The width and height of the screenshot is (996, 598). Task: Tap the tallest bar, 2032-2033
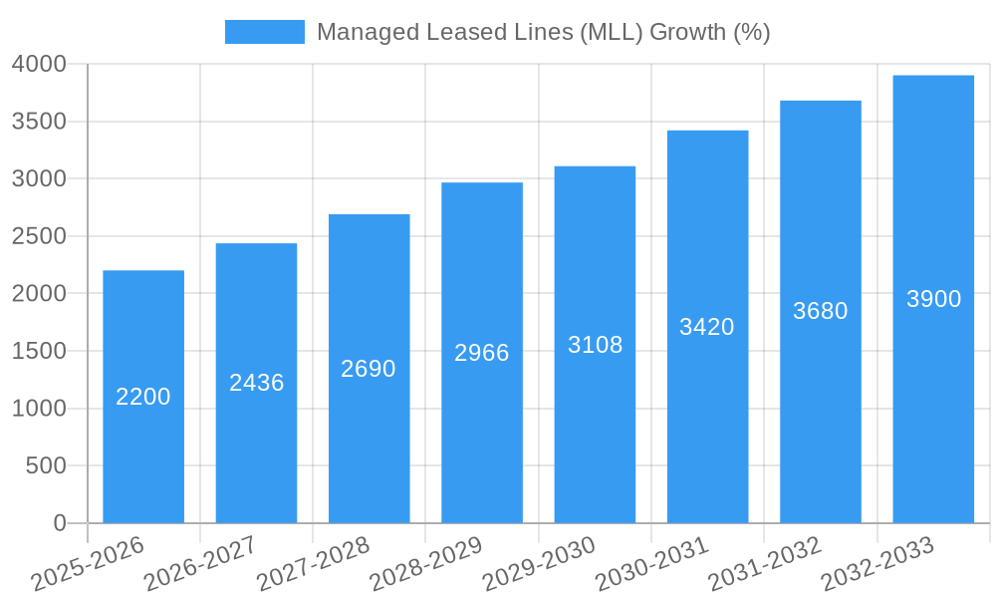coord(933,399)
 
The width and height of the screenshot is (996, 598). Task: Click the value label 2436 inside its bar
coord(257,383)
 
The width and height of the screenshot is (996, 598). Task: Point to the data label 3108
coord(596,345)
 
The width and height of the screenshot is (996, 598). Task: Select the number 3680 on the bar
coord(821,311)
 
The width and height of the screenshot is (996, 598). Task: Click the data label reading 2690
coord(369,369)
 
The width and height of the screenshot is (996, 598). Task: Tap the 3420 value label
coord(707,327)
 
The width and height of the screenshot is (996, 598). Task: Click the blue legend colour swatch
coord(265,32)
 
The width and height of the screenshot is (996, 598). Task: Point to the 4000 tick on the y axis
coord(39,64)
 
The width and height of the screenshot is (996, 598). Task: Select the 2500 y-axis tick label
coord(39,236)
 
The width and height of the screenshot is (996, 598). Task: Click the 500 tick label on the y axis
coord(46,465)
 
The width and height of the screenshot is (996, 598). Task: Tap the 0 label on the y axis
coord(60,523)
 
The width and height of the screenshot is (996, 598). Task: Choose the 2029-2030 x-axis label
coord(540,563)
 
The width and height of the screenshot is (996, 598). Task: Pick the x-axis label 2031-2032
coord(765,563)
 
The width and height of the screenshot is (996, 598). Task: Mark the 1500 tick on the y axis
coord(39,351)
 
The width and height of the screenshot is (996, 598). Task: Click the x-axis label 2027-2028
coord(314,563)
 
